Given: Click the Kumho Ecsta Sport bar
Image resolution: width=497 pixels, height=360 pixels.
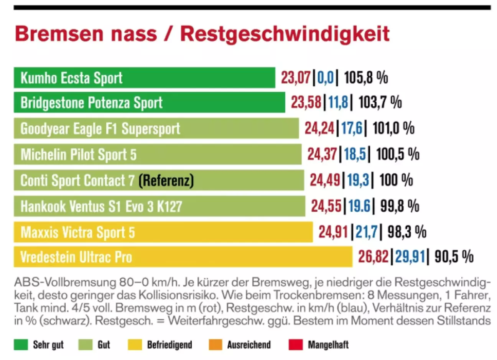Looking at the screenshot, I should point(144,78).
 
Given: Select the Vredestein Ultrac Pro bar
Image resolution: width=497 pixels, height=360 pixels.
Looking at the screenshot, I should point(183,257).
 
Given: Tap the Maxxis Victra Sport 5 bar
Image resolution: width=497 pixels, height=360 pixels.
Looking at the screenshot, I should point(163,232).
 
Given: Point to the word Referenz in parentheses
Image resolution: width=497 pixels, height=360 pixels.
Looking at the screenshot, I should point(166,180).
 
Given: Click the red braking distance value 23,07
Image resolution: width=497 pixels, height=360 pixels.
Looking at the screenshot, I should point(296,78).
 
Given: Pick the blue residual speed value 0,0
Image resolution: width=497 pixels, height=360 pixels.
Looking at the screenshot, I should point(326,78).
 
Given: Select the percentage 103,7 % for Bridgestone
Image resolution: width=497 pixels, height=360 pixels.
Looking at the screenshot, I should point(380,102).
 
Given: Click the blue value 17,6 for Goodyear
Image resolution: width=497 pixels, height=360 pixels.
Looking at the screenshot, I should point(352,128).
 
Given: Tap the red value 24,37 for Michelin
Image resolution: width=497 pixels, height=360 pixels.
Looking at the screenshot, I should point(322,154).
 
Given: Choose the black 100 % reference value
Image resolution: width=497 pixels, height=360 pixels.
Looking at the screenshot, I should point(396,180).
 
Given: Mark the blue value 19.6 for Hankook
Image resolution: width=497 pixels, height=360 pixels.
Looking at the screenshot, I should point(359,206).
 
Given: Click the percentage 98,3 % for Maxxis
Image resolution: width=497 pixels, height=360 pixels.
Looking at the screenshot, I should point(406,232).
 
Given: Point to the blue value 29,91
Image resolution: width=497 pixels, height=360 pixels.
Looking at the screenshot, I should point(410,257).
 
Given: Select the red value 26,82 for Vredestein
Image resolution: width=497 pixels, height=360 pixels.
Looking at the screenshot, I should point(373,257).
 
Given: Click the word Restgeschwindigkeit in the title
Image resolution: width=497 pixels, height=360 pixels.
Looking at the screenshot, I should point(285,34).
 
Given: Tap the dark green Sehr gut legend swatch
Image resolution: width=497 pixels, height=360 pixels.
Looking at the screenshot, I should point(21,345).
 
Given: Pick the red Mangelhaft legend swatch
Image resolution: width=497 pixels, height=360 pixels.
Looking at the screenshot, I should point(296,345).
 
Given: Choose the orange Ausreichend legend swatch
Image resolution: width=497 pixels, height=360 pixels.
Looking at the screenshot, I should point(216,345).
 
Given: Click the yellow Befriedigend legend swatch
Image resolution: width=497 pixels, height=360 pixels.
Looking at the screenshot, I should point(135,345).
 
